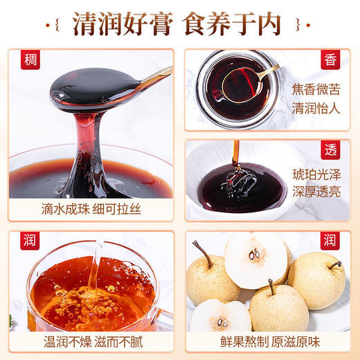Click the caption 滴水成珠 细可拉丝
(x=91, y=208)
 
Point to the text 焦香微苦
(x=315, y=90)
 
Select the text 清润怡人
(x=315, y=108)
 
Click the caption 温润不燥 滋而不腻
(x=91, y=342)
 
